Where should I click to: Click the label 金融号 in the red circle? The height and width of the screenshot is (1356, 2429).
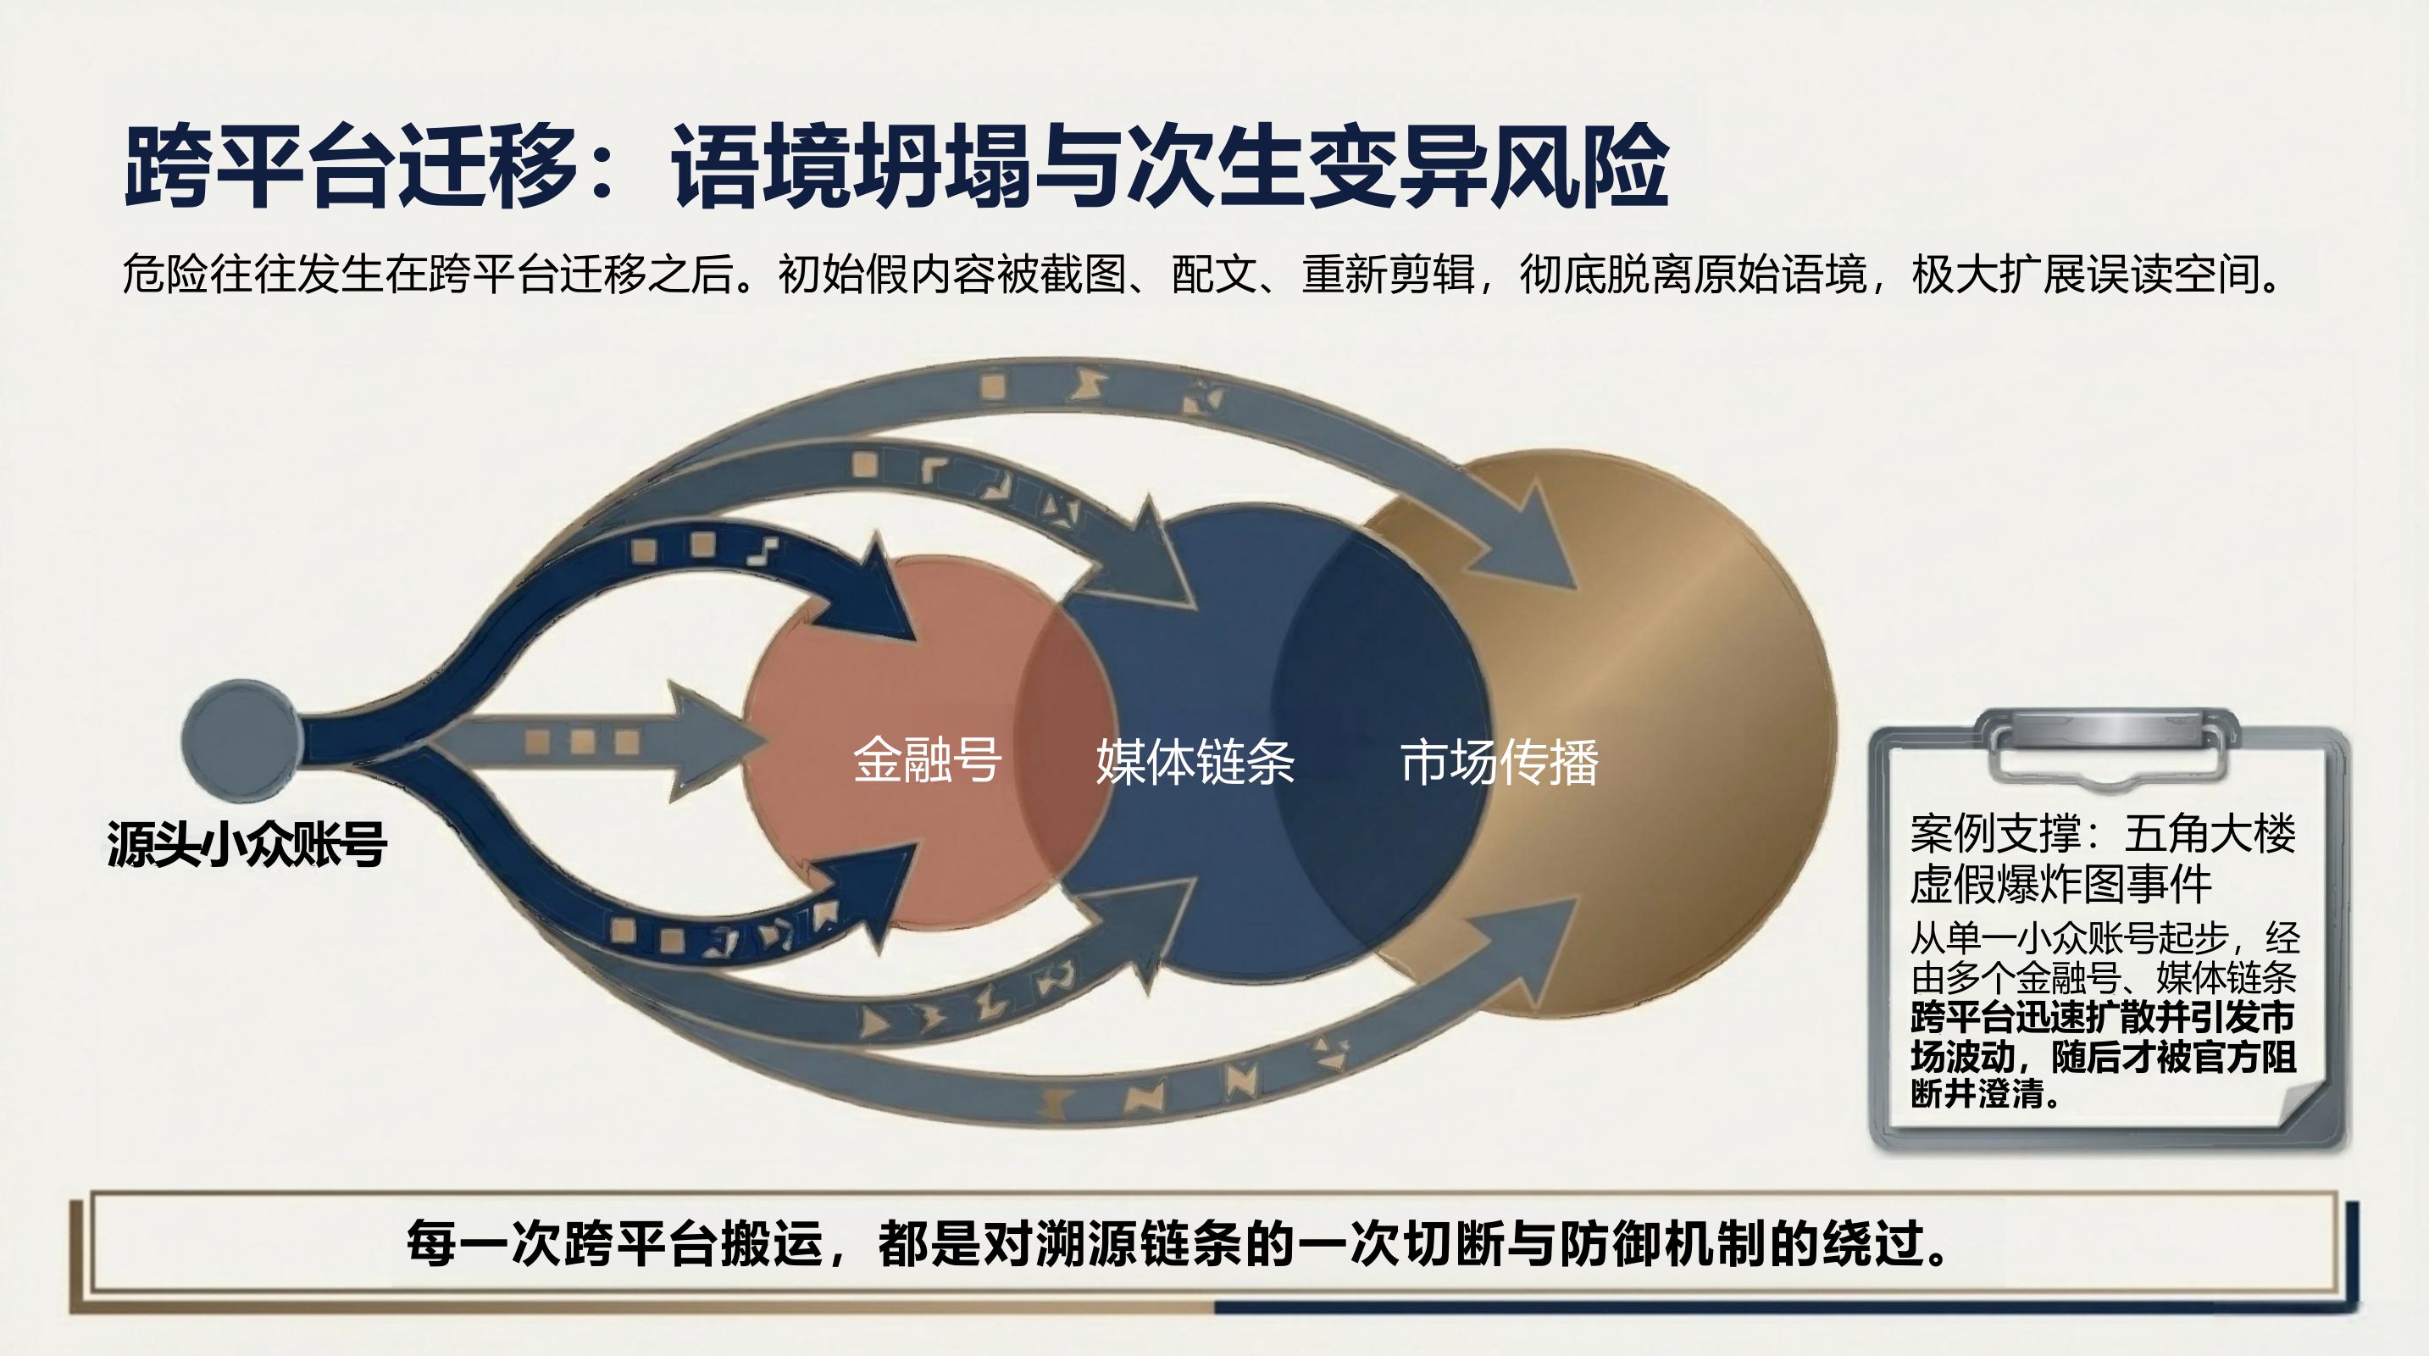tap(926, 760)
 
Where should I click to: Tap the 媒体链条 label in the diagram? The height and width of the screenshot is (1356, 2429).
tap(1195, 762)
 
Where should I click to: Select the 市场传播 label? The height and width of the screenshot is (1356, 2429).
tap(1500, 762)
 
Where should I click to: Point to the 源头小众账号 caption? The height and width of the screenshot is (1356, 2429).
tap(247, 843)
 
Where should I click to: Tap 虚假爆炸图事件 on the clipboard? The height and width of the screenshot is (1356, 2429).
tap(2060, 885)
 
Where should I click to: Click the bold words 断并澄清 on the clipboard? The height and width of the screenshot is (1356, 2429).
tap(1977, 1094)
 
